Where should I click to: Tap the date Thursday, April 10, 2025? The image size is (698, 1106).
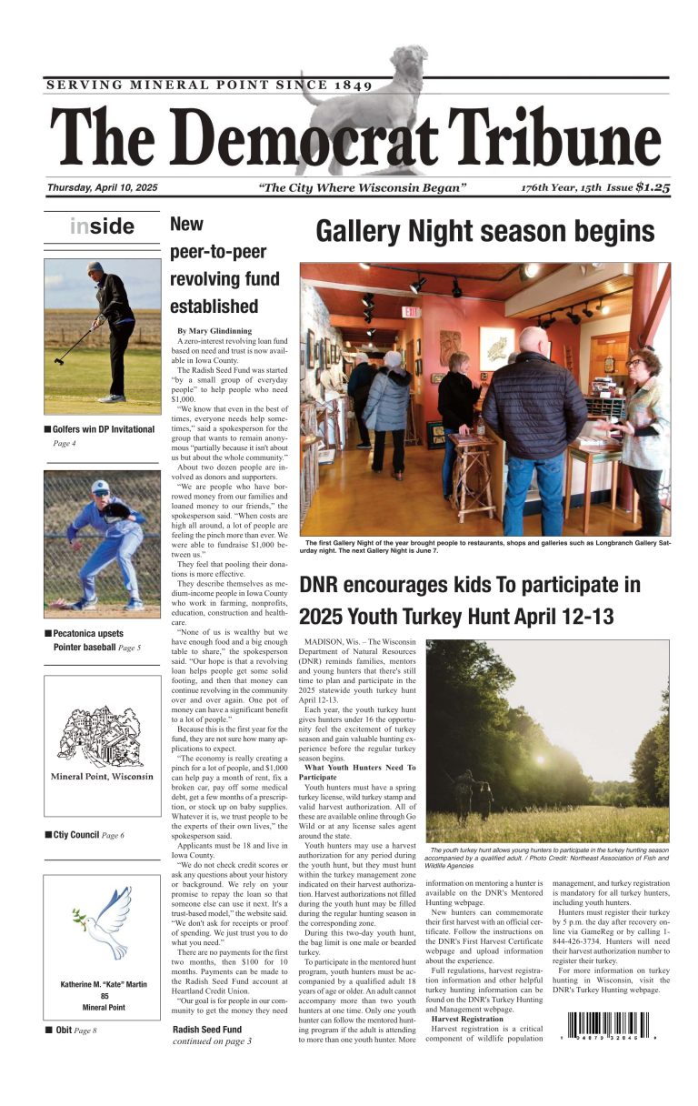pos(103,187)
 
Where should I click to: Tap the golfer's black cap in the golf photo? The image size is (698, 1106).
pos(95,268)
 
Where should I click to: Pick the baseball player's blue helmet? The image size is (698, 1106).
pos(100,488)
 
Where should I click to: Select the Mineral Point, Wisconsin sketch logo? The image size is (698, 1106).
pos(101,745)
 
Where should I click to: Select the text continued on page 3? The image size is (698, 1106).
pos(212,1041)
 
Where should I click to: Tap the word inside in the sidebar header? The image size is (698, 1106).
pos(102,226)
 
